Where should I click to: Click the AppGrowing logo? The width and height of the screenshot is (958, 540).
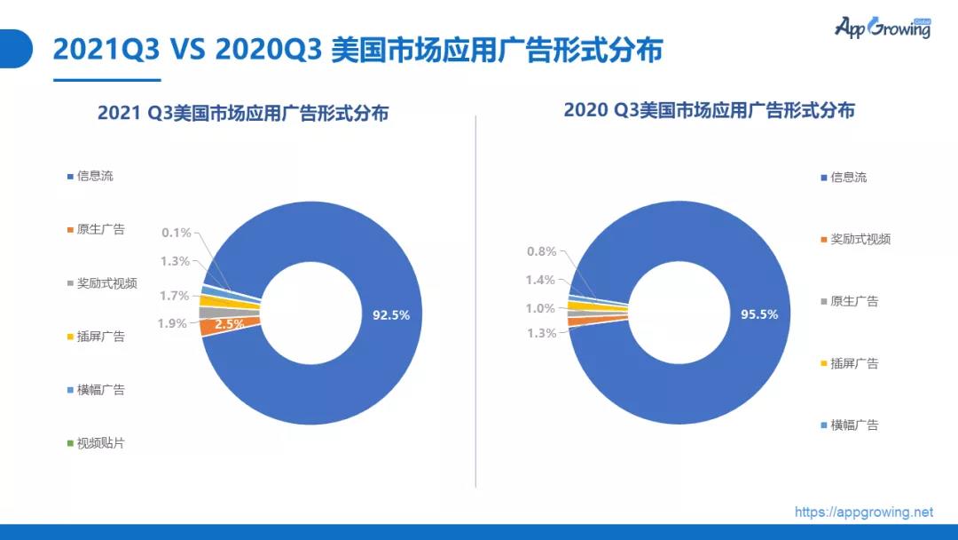click(x=882, y=28)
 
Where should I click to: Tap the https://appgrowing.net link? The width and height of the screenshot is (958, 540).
click(x=864, y=512)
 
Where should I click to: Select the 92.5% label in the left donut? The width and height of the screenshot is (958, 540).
click(x=391, y=314)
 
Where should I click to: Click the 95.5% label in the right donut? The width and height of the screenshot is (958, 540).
click(x=758, y=314)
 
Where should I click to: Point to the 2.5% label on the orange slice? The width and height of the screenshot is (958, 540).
click(x=230, y=324)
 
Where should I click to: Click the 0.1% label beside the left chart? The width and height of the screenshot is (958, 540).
click(x=176, y=233)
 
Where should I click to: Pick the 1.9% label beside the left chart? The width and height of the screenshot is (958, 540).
click(x=172, y=323)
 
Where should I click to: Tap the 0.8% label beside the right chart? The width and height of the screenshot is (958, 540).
click(x=540, y=251)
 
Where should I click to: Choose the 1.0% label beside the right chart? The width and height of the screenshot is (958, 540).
click(x=540, y=308)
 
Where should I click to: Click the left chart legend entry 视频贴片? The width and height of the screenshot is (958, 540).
click(x=100, y=442)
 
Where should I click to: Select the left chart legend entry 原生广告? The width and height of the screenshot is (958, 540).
click(x=100, y=229)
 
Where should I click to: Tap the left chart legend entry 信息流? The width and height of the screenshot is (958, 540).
click(x=95, y=176)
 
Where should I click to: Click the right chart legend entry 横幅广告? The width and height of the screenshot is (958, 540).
click(x=854, y=425)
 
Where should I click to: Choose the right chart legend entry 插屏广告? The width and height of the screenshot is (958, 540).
click(x=854, y=363)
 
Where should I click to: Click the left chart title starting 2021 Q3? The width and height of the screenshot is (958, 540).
click(x=242, y=114)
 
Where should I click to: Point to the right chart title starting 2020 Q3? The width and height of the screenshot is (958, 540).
click(x=709, y=111)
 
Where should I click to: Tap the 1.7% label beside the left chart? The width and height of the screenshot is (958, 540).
click(x=175, y=296)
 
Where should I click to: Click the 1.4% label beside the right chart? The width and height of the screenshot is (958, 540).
click(x=540, y=280)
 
